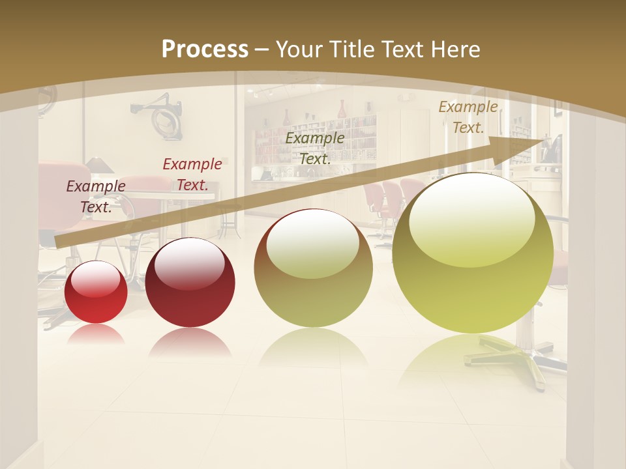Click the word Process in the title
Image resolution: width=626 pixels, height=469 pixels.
[x=205, y=50]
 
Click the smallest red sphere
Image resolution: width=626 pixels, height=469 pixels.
[x=96, y=292]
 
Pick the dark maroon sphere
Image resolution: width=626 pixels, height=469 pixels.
[x=190, y=283]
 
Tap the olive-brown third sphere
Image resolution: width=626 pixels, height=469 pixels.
[x=313, y=268]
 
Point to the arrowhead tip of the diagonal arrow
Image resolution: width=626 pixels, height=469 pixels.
[x=550, y=139]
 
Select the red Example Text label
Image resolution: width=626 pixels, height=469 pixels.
[x=192, y=175]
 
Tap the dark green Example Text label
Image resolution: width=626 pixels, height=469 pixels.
[x=315, y=148]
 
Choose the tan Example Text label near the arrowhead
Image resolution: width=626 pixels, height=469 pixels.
[x=468, y=117]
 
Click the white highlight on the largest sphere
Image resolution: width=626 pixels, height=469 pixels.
[x=471, y=218]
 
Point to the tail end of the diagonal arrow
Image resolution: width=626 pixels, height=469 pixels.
[x=59, y=242]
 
